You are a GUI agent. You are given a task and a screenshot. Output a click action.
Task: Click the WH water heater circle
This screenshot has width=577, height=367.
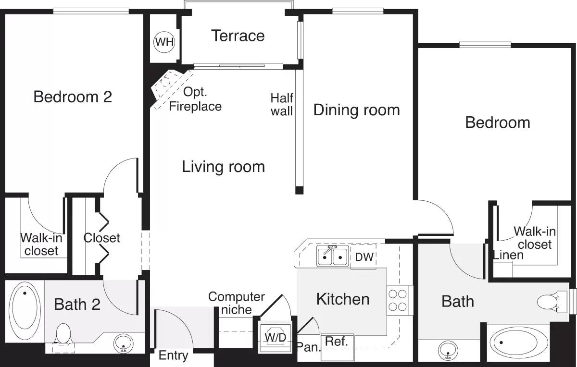click(164, 42)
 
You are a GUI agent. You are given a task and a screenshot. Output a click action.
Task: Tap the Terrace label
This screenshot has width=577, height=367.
click(238, 36)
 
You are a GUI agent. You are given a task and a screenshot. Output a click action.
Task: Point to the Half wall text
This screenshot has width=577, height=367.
click(282, 104)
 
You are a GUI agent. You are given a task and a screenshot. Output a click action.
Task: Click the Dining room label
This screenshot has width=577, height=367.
click(356, 110)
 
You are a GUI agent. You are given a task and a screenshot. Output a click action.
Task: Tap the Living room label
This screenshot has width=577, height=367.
click(223, 167)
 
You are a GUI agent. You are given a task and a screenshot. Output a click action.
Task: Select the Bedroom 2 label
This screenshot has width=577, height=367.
click(73, 97)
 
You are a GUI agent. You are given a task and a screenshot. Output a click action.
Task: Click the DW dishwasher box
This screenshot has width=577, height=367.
click(364, 257)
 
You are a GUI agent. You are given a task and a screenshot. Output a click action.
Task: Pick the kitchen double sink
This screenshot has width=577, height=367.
click(333, 256)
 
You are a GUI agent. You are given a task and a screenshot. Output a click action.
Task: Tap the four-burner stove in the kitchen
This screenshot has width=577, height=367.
click(398, 300)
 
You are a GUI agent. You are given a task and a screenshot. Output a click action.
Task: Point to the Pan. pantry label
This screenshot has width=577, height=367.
click(308, 347)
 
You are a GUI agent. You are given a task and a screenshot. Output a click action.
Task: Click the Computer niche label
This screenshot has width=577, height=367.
click(236, 303)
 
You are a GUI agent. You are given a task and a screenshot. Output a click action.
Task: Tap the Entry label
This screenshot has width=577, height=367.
click(173, 356)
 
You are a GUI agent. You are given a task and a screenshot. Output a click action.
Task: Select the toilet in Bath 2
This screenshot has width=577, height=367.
click(63, 334)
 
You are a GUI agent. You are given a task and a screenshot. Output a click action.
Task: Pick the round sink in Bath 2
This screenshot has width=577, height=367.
click(124, 343)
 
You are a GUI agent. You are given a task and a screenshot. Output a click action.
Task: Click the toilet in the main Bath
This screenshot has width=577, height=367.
click(553, 302)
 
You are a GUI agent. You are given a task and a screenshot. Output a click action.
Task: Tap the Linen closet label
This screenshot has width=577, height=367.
click(508, 255)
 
